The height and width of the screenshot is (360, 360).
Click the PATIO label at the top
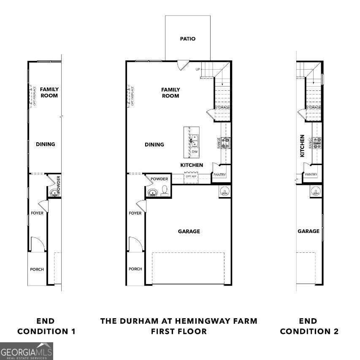coord(188,39)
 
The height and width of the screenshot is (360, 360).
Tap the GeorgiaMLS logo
coord(27,351)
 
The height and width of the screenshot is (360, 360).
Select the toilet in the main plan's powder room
coord(164,191)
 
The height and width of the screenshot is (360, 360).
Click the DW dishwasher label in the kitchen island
coord(195,152)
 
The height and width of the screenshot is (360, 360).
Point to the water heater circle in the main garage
coord(225,192)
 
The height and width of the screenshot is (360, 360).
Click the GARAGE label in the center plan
coord(189,231)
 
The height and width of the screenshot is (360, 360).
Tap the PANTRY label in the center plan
coord(219,175)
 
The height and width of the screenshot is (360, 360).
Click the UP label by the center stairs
coord(197,69)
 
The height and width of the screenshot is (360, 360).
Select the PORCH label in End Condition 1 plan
coord(37,269)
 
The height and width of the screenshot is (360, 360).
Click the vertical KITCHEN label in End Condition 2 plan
coord(302,146)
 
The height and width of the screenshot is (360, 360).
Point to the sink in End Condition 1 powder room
coord(54,193)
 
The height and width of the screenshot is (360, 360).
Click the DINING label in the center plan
coord(154,144)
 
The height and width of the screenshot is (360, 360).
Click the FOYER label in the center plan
coord(135,213)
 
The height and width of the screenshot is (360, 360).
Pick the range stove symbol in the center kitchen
coord(226,142)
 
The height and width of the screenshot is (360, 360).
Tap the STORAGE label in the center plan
coord(222,108)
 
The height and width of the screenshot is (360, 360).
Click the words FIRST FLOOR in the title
coord(179,331)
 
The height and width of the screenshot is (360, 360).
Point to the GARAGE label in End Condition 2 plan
coord(309,231)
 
